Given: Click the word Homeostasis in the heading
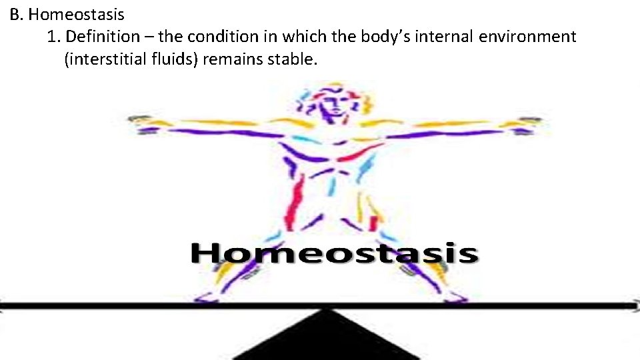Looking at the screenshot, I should point(77,13).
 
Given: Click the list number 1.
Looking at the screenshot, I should point(53,37).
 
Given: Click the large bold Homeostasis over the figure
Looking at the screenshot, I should point(333,253).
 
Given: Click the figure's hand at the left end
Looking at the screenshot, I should point(143,125).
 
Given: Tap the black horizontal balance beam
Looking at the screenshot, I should point(320,306).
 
